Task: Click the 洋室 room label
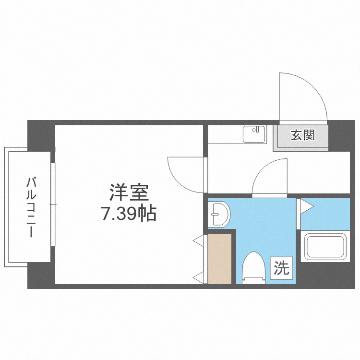point(129,193)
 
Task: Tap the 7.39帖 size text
point(129,214)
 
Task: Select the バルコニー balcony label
point(32,207)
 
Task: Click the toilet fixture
point(254,267)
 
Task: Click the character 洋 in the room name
point(118,193)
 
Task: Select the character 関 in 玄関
point(309,136)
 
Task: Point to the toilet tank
point(254,279)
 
